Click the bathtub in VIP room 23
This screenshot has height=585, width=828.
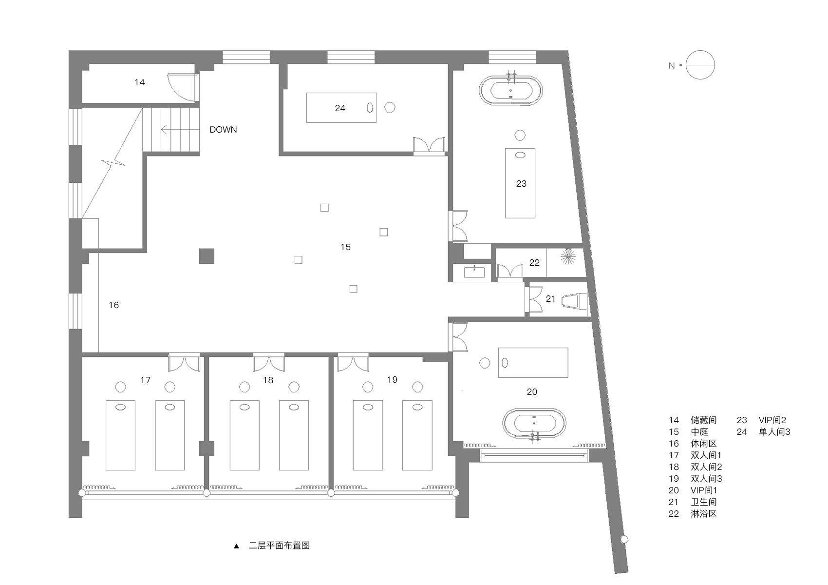point(510,91)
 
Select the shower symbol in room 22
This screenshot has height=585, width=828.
point(568,257)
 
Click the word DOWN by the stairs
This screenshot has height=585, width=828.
point(223,130)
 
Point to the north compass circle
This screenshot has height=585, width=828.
point(700,65)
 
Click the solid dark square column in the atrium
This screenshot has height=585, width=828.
point(207,256)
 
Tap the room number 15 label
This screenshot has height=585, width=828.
point(345,247)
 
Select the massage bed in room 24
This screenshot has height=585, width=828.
point(341,108)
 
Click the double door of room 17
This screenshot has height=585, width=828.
point(184,364)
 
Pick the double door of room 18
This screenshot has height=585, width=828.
point(268,364)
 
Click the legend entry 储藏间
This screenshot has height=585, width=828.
point(703,420)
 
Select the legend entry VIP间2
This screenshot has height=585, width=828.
point(772,420)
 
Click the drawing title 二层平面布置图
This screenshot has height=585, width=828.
point(279,546)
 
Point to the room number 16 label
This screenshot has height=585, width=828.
point(113,305)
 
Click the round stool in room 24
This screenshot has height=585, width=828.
point(390,108)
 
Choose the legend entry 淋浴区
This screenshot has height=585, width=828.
point(703,514)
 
